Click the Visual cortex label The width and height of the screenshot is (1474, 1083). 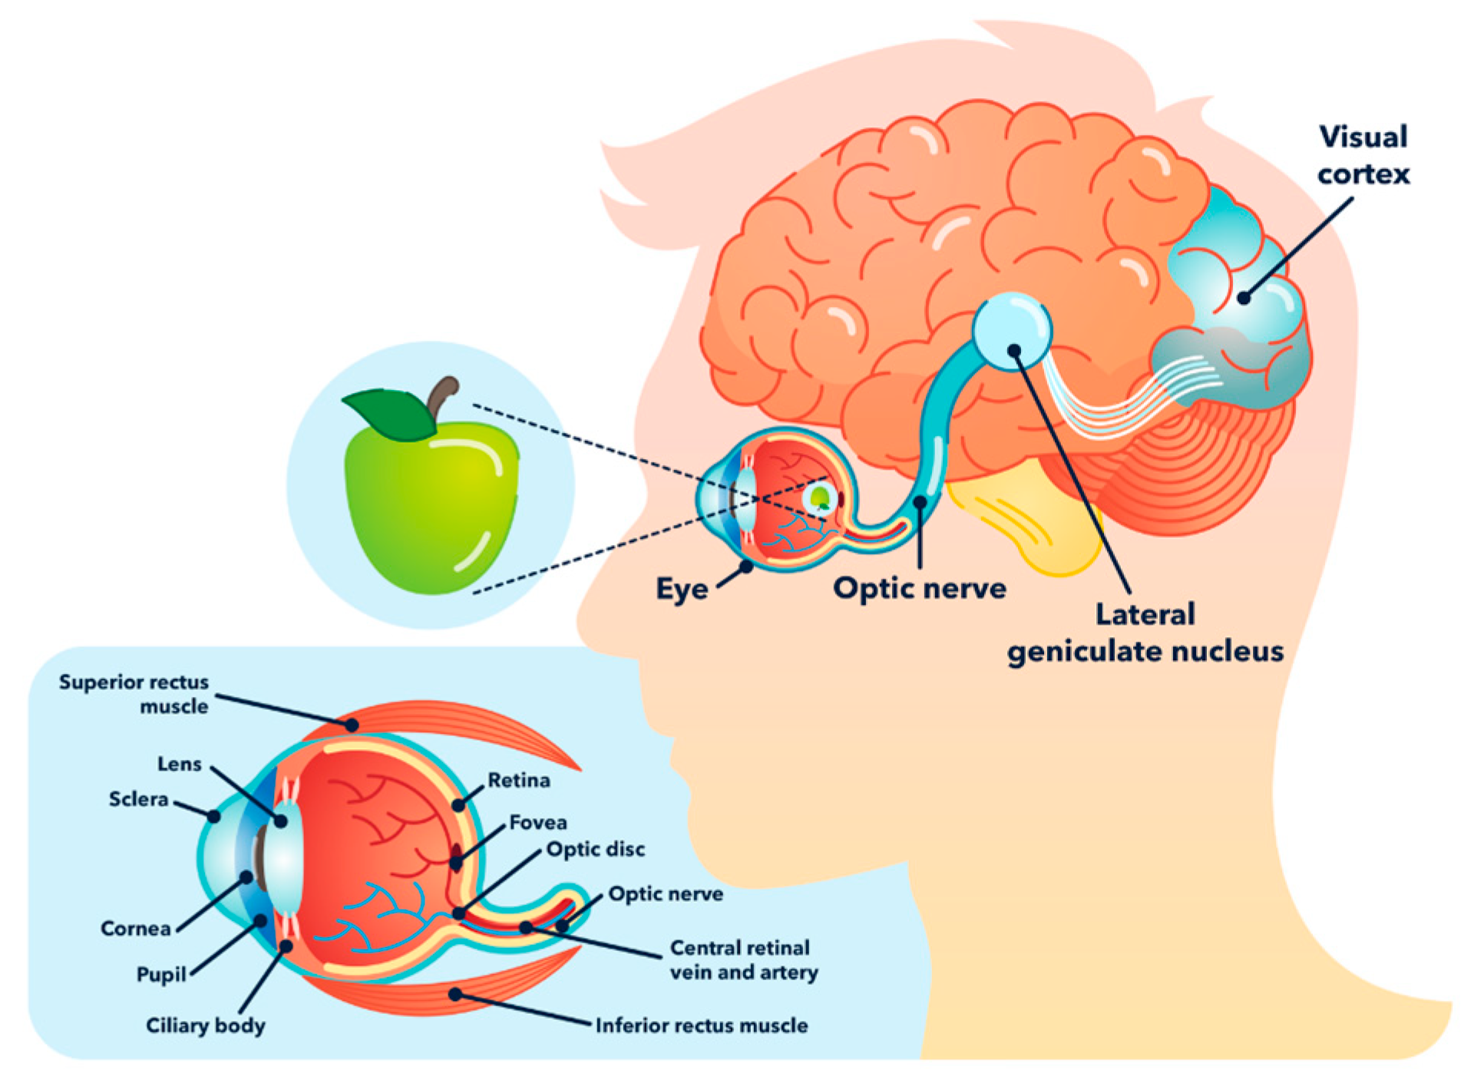[1363, 156]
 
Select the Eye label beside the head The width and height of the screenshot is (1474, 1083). [682, 589]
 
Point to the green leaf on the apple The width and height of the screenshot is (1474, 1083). [392, 413]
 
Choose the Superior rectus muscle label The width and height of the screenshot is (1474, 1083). [134, 694]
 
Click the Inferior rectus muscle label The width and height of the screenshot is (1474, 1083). [701, 1025]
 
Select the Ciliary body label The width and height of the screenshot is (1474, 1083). [206, 1025]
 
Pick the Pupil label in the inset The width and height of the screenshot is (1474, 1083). [161, 974]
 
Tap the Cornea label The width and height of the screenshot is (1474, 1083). [136, 929]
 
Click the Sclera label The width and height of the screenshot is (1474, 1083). [138, 799]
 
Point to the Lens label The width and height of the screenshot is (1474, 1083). [179, 764]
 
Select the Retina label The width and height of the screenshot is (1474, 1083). [519, 781]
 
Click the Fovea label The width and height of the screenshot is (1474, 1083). [538, 823]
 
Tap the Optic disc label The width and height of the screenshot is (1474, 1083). [596, 850]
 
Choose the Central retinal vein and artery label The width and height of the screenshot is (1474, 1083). [743, 959]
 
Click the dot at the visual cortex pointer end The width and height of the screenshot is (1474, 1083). [1244, 298]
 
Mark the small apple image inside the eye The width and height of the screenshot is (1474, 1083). [821, 498]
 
